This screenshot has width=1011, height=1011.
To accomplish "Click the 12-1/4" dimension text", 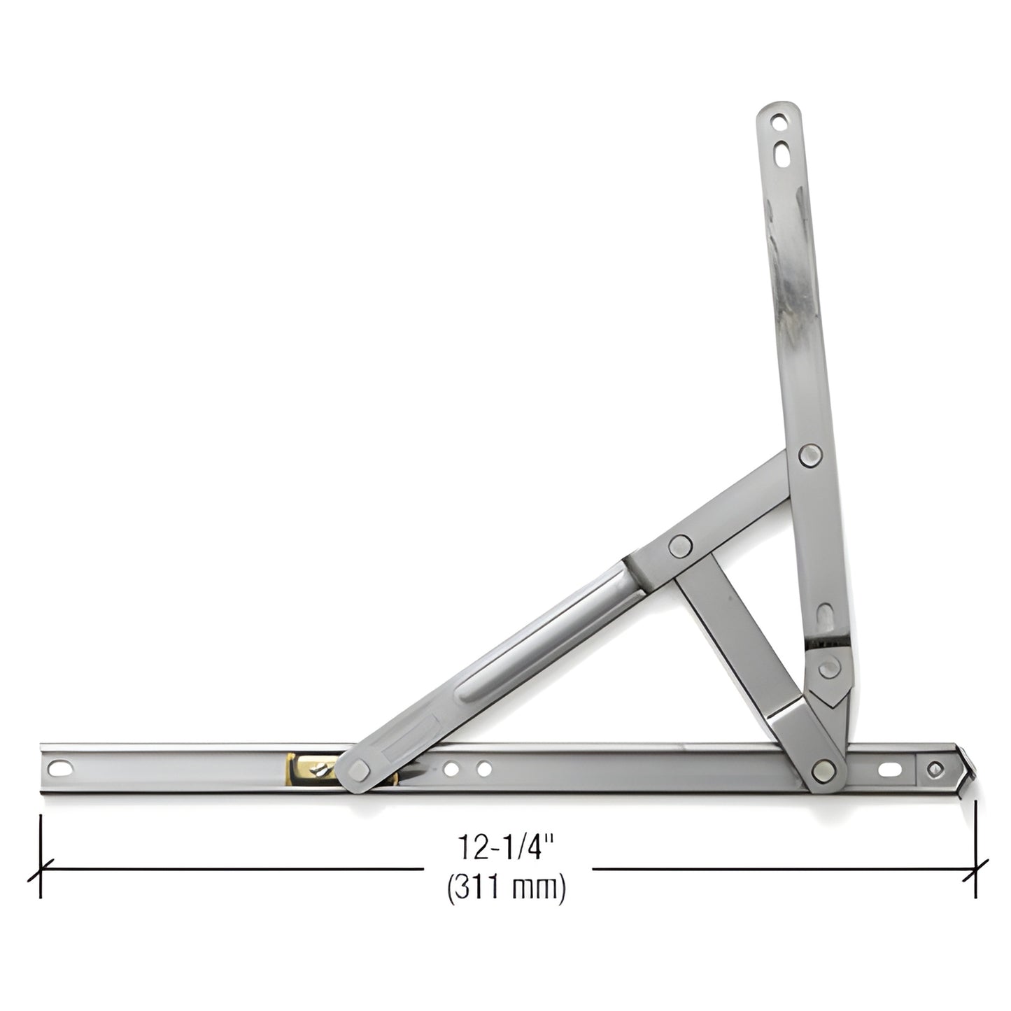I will point(505,847).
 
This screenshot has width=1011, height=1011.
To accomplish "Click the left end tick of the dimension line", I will point(41,870).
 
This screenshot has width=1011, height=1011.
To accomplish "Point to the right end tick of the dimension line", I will point(975,870).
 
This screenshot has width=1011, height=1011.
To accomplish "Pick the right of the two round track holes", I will point(483,770).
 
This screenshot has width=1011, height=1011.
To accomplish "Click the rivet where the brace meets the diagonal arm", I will point(679,545).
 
